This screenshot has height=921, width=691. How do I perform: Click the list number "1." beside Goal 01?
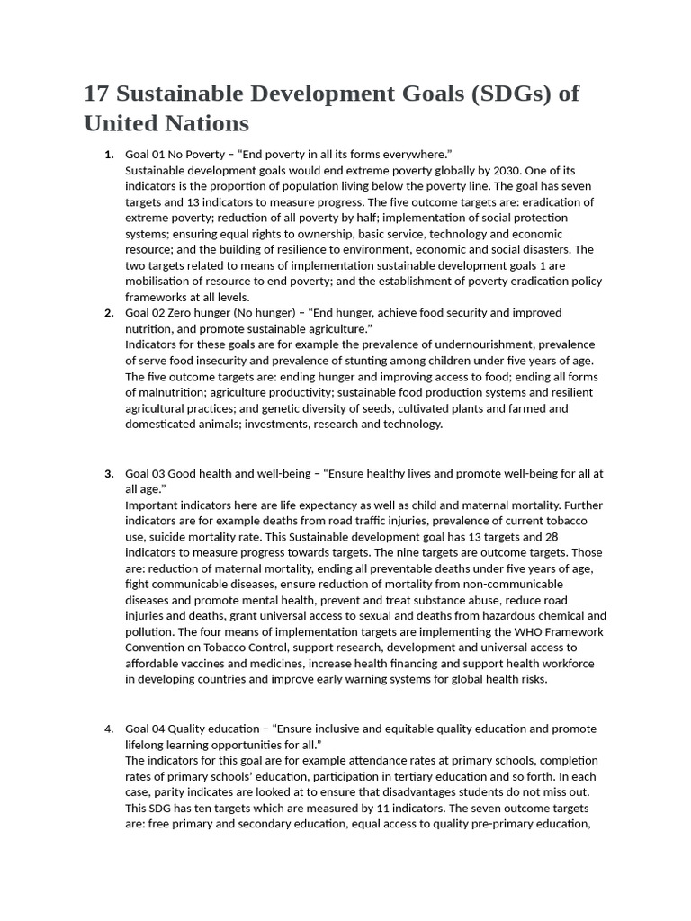(x=109, y=154)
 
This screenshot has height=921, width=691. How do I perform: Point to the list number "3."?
(x=109, y=473)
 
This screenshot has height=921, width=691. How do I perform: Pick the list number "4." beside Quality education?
(x=109, y=729)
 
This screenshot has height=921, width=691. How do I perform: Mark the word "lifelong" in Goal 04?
(x=146, y=745)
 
